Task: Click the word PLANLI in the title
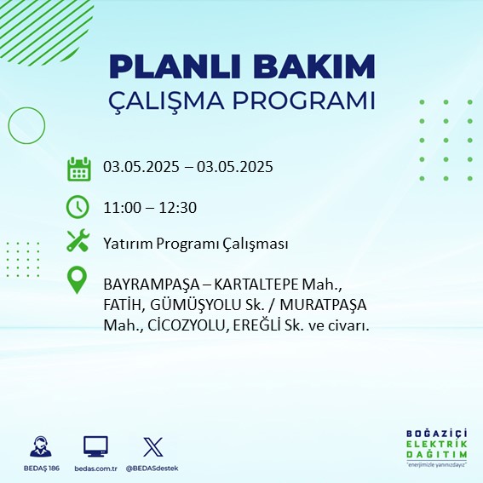coord(175,66)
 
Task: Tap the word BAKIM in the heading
coord(313,66)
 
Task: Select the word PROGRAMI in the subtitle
coord(304,101)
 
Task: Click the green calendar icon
coord(79,169)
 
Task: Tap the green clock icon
coord(78,207)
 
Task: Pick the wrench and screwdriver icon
coord(78,240)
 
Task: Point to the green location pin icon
coord(77,280)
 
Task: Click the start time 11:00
coord(122,208)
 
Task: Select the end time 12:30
coord(177,208)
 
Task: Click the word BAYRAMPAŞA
coord(152,285)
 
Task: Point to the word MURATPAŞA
coord(324,305)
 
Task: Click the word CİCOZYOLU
coord(187,325)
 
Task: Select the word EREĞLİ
coord(256,325)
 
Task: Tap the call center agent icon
coord(41,446)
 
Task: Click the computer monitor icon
coord(95,446)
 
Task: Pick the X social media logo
coord(153,446)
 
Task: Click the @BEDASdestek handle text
coord(152,469)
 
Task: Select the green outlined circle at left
coord(9,125)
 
